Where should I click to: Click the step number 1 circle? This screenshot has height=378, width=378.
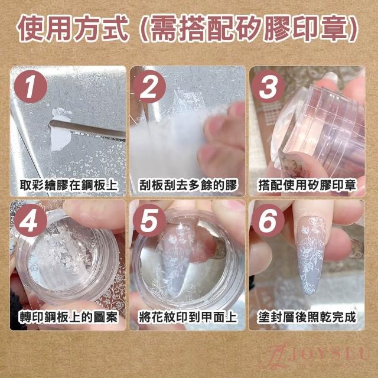point(31,87)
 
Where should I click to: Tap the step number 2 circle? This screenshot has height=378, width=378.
point(149,87)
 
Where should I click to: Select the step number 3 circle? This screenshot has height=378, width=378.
point(268,87)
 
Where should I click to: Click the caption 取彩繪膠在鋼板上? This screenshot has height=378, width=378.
point(69,185)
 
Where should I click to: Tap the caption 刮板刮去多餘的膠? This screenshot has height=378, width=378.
point(188,185)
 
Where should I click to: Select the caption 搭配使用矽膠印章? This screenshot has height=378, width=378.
point(307,185)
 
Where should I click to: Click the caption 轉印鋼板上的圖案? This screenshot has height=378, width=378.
point(69,317)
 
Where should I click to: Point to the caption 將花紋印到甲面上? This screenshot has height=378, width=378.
point(188,317)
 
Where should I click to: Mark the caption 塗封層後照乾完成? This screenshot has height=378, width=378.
point(307,317)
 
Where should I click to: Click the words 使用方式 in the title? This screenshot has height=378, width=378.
point(72,29)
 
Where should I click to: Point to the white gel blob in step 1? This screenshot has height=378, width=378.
point(60,130)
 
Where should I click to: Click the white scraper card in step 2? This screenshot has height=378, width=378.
point(169,145)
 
